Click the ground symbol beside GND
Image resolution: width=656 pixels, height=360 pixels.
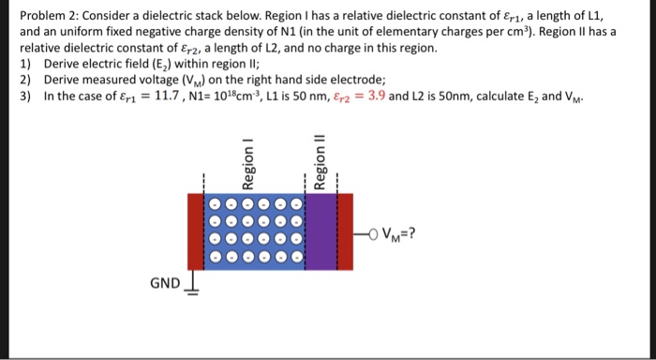pos(194,281)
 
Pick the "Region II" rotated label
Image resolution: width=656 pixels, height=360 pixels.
pos(319,160)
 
